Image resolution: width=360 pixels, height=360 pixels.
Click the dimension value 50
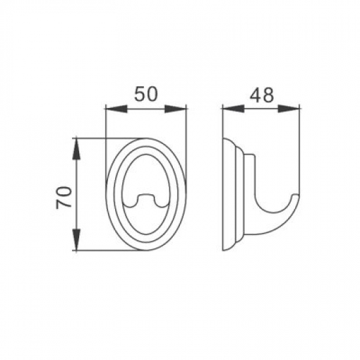tap(146, 94)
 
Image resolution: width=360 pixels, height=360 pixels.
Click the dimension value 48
tap(262, 95)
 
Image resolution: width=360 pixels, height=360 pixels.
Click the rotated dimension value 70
tap(64, 197)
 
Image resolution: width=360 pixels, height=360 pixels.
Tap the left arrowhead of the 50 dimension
tap(116, 109)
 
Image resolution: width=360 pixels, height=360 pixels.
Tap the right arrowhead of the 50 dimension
tap(175, 109)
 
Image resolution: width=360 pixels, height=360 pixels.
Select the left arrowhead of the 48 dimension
tap(233, 109)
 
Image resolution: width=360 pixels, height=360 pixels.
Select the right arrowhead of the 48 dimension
tap(289, 109)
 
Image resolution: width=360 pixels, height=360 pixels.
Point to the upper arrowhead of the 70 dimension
tap(77, 149)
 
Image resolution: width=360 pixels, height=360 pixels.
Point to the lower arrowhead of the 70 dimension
tap(77, 240)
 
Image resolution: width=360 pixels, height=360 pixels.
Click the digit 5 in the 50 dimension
tap(139, 94)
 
